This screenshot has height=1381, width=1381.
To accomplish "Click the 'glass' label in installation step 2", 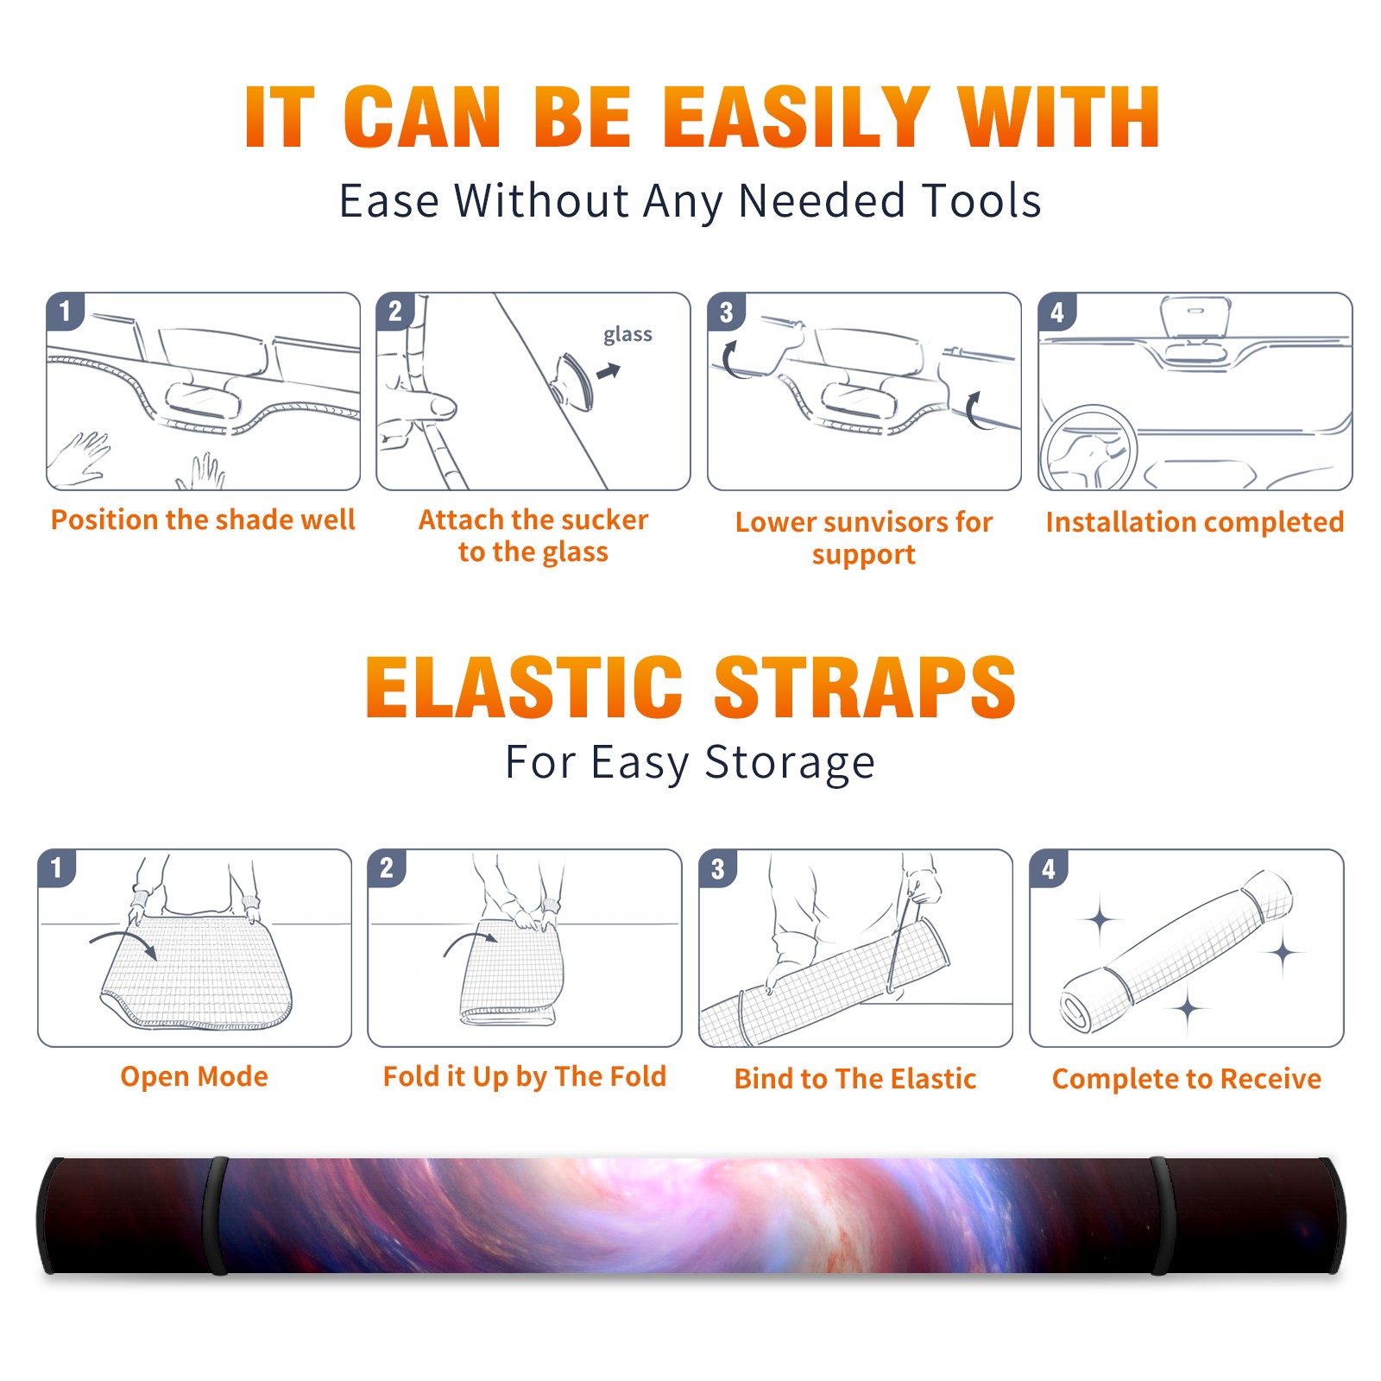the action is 627,335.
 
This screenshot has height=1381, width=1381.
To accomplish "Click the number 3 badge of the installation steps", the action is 727,312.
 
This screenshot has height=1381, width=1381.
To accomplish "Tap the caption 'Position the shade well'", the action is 203,520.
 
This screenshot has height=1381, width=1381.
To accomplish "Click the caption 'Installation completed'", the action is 1195,522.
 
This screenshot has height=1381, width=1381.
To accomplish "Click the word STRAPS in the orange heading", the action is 865,687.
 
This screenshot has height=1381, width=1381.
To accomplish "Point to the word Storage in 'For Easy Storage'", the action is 790,763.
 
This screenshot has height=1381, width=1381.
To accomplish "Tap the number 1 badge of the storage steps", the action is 57,868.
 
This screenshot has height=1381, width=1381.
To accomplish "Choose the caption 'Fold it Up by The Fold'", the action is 525,1076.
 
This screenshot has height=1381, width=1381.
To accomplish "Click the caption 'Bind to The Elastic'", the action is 855,1079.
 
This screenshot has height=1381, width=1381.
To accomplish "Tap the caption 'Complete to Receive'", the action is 1187,1079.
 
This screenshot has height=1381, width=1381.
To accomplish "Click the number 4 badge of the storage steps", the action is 1049,868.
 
